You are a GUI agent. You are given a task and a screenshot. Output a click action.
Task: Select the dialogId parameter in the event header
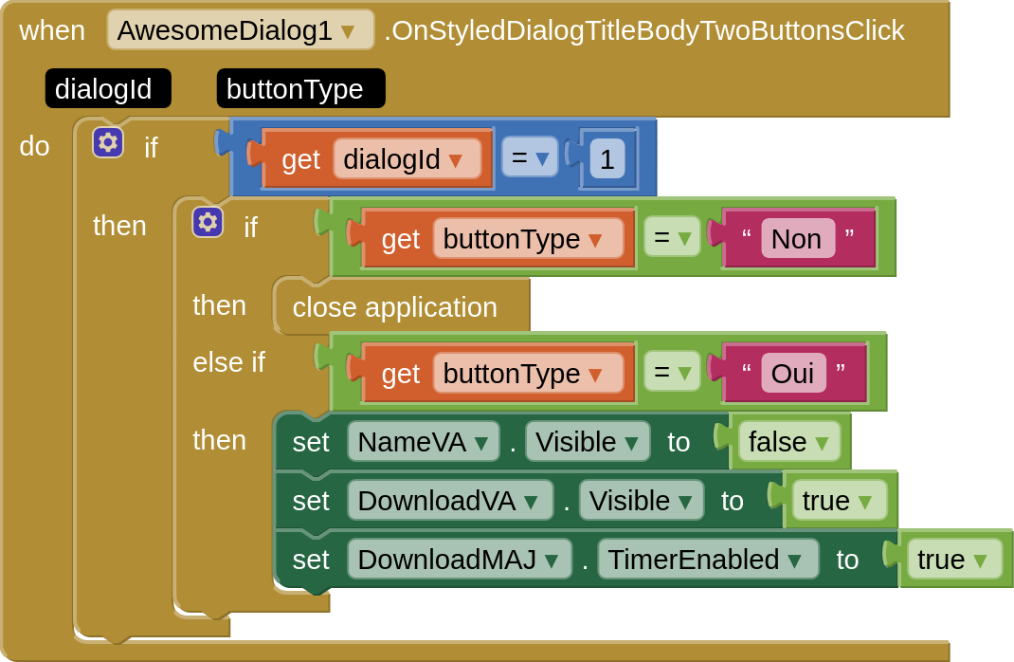tap(103, 89)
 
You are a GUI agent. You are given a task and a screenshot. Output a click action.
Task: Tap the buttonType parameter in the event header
tap(295, 89)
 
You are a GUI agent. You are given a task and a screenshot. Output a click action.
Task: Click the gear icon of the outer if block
tap(108, 142)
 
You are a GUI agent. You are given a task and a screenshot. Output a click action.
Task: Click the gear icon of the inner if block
tap(208, 223)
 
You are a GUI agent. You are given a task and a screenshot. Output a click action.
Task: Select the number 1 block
tap(607, 159)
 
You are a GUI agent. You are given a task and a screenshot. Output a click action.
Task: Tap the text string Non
tap(796, 239)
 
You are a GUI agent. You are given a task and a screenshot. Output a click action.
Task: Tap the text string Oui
tap(792, 374)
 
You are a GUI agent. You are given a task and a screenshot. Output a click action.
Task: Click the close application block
tap(394, 307)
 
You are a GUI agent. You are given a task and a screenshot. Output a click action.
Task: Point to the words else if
tap(228, 362)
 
